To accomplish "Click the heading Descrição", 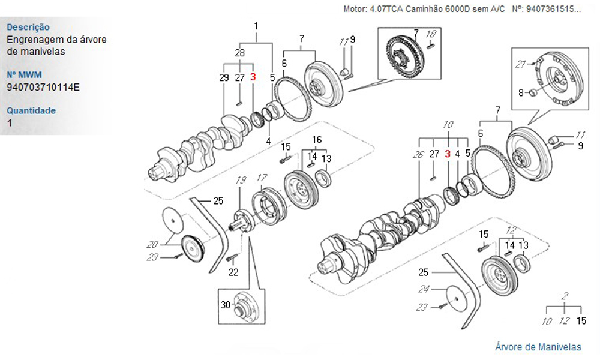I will pyautogui.click(x=28, y=27).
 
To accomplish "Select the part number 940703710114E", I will pyautogui.click(x=43, y=87).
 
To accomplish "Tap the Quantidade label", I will pyautogui.click(x=31, y=110).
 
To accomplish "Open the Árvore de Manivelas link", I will pyautogui.click(x=538, y=347).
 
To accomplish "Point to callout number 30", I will pyautogui.click(x=226, y=305).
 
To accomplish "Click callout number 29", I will pyautogui.click(x=224, y=77).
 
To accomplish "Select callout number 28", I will pyautogui.click(x=240, y=53).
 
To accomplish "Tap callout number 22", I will pyautogui.click(x=233, y=272).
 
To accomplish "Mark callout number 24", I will pyautogui.click(x=424, y=289).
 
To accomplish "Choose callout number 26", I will pyautogui.click(x=418, y=154).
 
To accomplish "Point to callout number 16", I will pyautogui.click(x=316, y=139).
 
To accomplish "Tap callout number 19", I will pyautogui.click(x=241, y=180).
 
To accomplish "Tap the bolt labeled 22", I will pyautogui.click(x=231, y=259).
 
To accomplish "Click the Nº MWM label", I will pyautogui.click(x=23, y=75).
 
